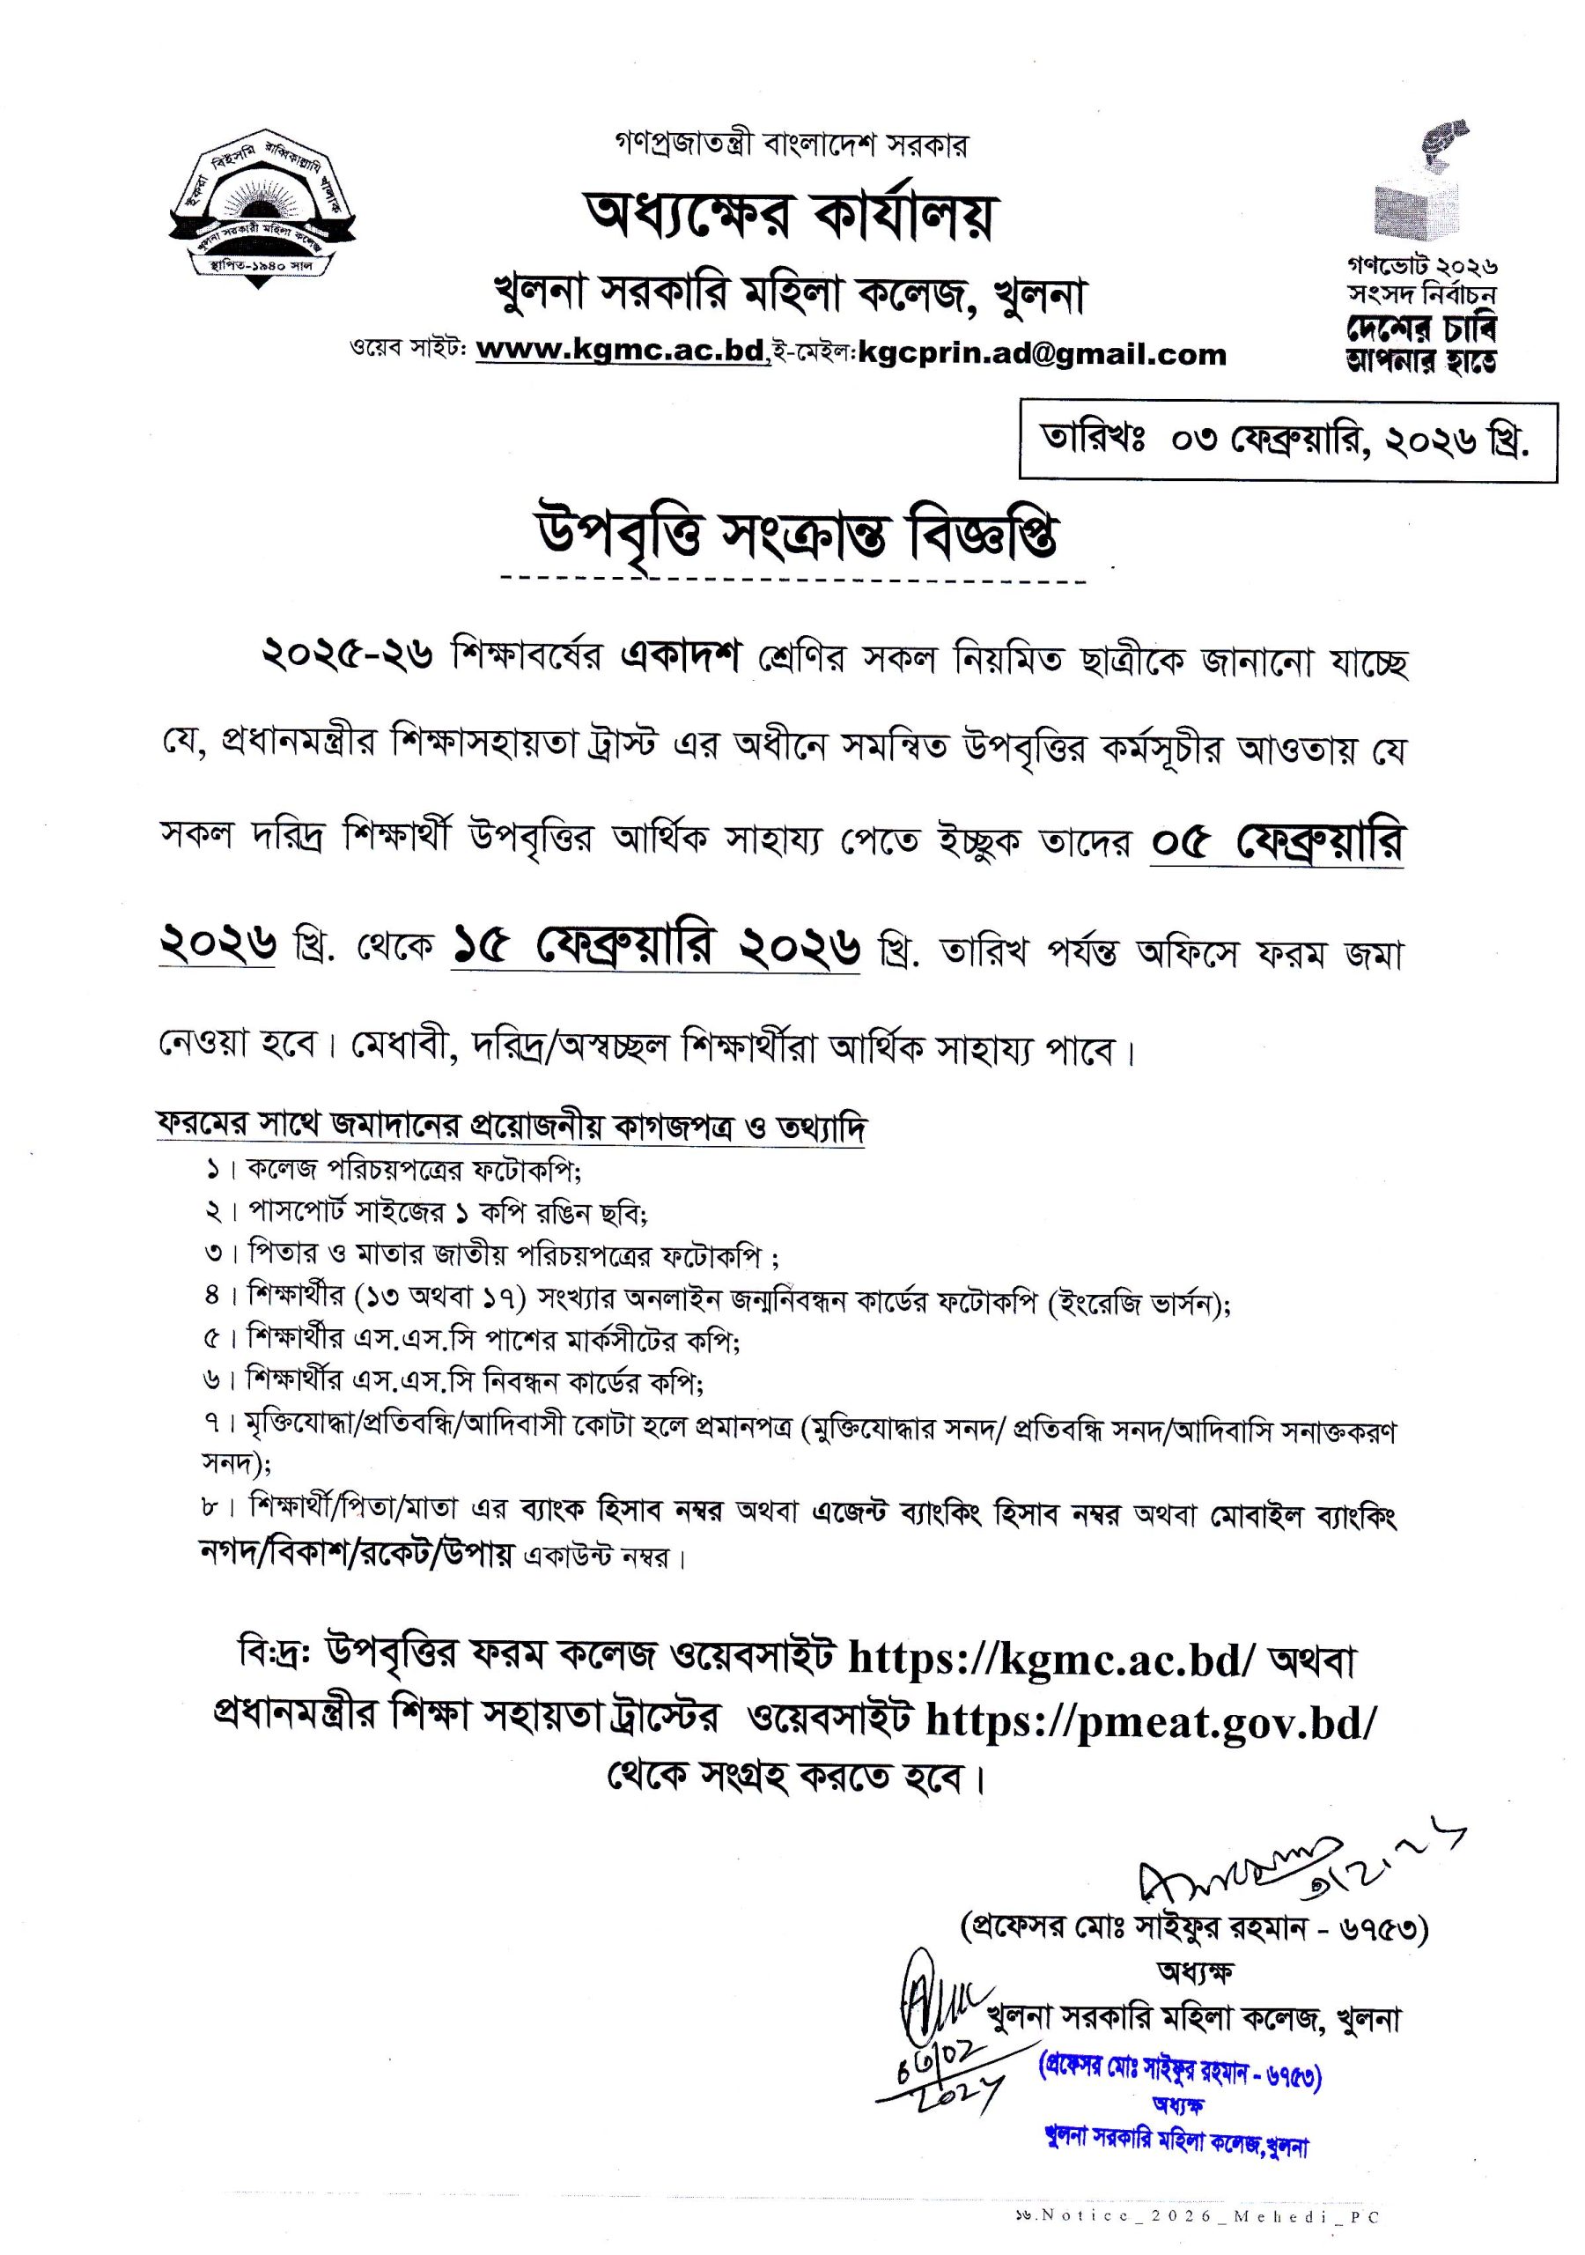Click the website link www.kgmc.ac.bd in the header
(x=622, y=351)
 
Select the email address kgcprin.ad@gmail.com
(x=1042, y=353)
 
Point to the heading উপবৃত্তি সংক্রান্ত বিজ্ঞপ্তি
(x=793, y=538)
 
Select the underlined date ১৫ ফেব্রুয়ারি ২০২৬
(x=655, y=950)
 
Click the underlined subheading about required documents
(x=511, y=1126)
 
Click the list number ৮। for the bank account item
(x=218, y=1504)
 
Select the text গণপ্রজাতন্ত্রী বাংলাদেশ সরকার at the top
(x=791, y=145)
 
